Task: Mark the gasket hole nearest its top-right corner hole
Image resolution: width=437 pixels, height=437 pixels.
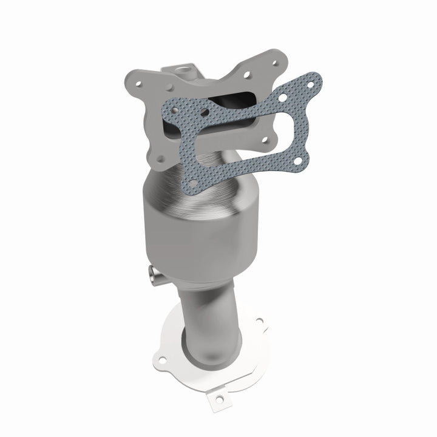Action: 283,97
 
